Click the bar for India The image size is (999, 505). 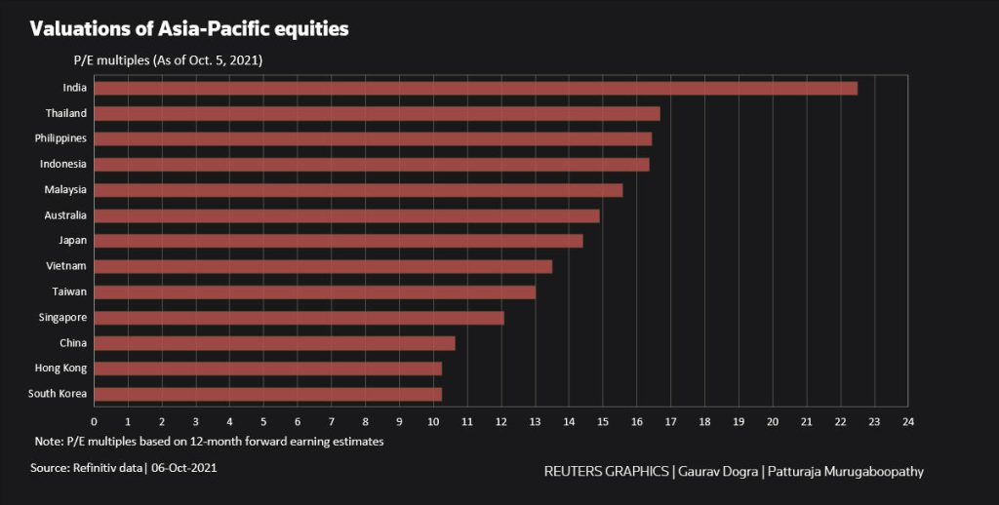click(475, 88)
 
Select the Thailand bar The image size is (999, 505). click(377, 113)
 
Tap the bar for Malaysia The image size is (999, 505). click(358, 189)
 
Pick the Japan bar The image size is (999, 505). click(338, 241)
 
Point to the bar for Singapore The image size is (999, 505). click(299, 317)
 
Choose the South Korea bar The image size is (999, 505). click(267, 394)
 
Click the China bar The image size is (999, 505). click(274, 342)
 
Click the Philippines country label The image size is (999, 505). click(60, 138)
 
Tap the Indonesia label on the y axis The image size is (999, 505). click(63, 164)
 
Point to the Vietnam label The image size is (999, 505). click(67, 265)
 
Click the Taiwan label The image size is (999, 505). click(69, 291)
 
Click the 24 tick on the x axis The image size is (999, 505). click(908, 421)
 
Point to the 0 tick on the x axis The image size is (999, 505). click(94, 421)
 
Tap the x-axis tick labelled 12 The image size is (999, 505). click(501, 421)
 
